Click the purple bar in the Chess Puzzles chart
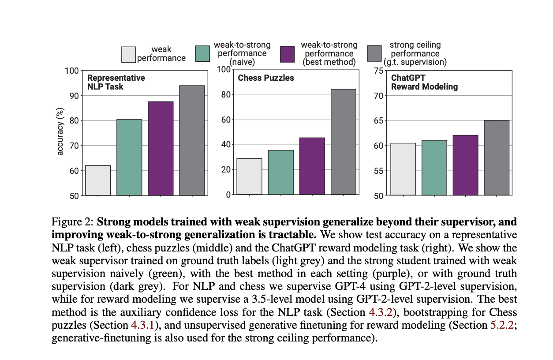coord(312,166)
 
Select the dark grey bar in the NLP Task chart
coord(192,140)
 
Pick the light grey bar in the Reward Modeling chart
coord(403,169)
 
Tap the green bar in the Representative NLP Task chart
coord(129,157)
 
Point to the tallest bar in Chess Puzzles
coord(344,142)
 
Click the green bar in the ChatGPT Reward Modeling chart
coord(434,168)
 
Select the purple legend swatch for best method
coord(288,55)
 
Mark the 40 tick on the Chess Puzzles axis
coord(225,145)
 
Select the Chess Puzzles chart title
coord(266,78)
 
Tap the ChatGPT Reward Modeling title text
coord(424,82)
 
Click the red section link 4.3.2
coord(379,313)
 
